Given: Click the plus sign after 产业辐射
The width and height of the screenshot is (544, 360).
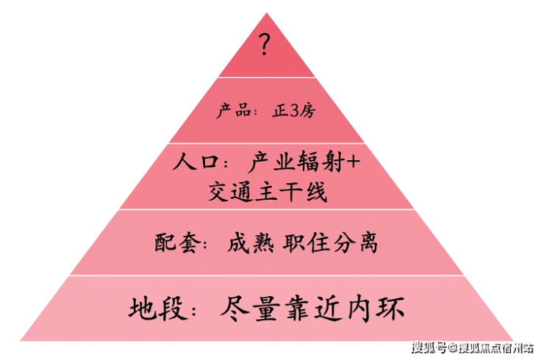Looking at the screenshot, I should coord(353,162).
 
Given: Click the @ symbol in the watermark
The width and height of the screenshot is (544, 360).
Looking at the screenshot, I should coord(453,347).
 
